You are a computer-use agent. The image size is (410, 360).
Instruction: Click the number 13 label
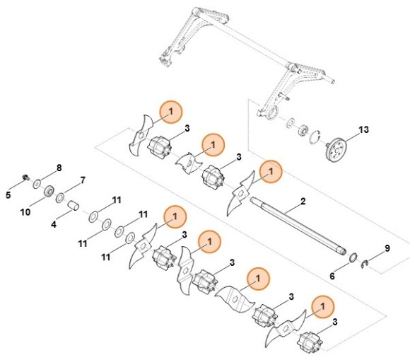point(363,130)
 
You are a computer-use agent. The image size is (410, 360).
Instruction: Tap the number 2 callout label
point(303,202)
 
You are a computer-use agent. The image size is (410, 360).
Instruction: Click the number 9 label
point(387,248)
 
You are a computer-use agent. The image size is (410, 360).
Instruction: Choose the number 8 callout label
point(59,168)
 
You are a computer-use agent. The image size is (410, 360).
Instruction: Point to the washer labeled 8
point(36,183)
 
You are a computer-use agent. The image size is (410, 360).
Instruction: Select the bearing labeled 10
point(48,191)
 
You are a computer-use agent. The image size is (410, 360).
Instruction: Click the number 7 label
point(83,180)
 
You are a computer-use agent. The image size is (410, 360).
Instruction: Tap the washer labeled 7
point(61,197)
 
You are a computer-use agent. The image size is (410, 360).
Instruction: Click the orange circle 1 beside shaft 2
point(269,170)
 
